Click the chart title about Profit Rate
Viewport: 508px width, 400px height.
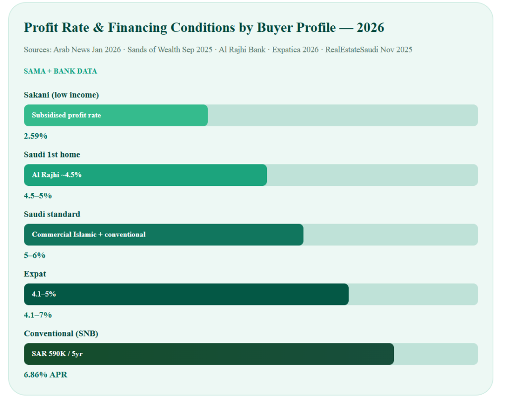pos(204,27)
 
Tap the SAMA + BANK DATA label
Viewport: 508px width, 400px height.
pos(60,71)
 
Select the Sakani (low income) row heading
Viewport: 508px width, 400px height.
pos(61,95)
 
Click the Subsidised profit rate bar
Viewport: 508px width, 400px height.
pos(116,115)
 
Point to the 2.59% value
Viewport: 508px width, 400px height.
pos(36,136)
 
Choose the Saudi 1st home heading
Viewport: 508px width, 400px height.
pos(52,155)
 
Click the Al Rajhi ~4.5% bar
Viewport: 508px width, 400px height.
pos(145,175)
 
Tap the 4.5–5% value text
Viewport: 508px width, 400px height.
pos(38,196)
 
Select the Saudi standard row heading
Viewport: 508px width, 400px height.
pos(52,214)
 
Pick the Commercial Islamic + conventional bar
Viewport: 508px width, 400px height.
pos(164,235)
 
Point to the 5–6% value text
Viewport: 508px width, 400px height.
pos(35,255)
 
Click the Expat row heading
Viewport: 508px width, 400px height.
pos(35,274)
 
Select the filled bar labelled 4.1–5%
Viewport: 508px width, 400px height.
pos(187,294)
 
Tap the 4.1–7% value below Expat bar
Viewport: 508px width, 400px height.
pos(38,315)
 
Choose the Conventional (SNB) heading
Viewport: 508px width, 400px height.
pos(61,333)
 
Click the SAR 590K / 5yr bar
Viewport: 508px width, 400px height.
pos(209,354)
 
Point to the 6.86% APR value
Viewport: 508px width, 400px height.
pos(46,375)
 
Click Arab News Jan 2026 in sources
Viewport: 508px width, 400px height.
pos(87,50)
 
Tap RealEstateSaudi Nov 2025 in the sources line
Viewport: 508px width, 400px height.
pos(369,50)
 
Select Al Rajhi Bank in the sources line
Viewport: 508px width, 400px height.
pos(242,50)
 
